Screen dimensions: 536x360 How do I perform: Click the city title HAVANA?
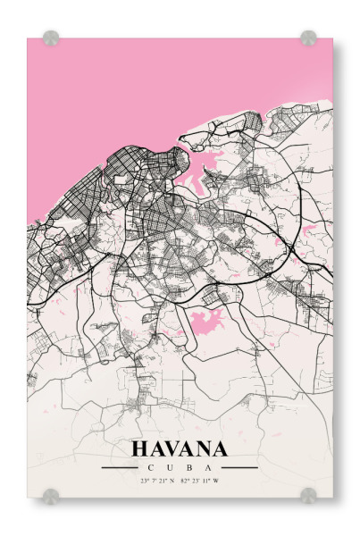point(180,448)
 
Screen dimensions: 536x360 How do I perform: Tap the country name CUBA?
point(180,467)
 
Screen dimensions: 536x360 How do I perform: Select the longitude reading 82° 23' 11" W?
point(199,482)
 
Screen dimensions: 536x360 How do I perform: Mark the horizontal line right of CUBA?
point(239,467)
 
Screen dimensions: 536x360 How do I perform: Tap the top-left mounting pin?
point(51,38)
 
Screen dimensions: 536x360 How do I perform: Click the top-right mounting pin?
point(308,38)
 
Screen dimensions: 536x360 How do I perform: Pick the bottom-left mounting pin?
point(51,495)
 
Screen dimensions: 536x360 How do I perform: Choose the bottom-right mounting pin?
point(308,495)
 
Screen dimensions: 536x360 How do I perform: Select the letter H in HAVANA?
point(140,448)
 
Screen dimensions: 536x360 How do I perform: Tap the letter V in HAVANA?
point(172,448)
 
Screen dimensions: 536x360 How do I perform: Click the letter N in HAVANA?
point(203,448)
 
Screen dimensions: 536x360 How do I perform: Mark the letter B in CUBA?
point(190,467)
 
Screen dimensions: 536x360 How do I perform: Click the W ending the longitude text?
point(215,482)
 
